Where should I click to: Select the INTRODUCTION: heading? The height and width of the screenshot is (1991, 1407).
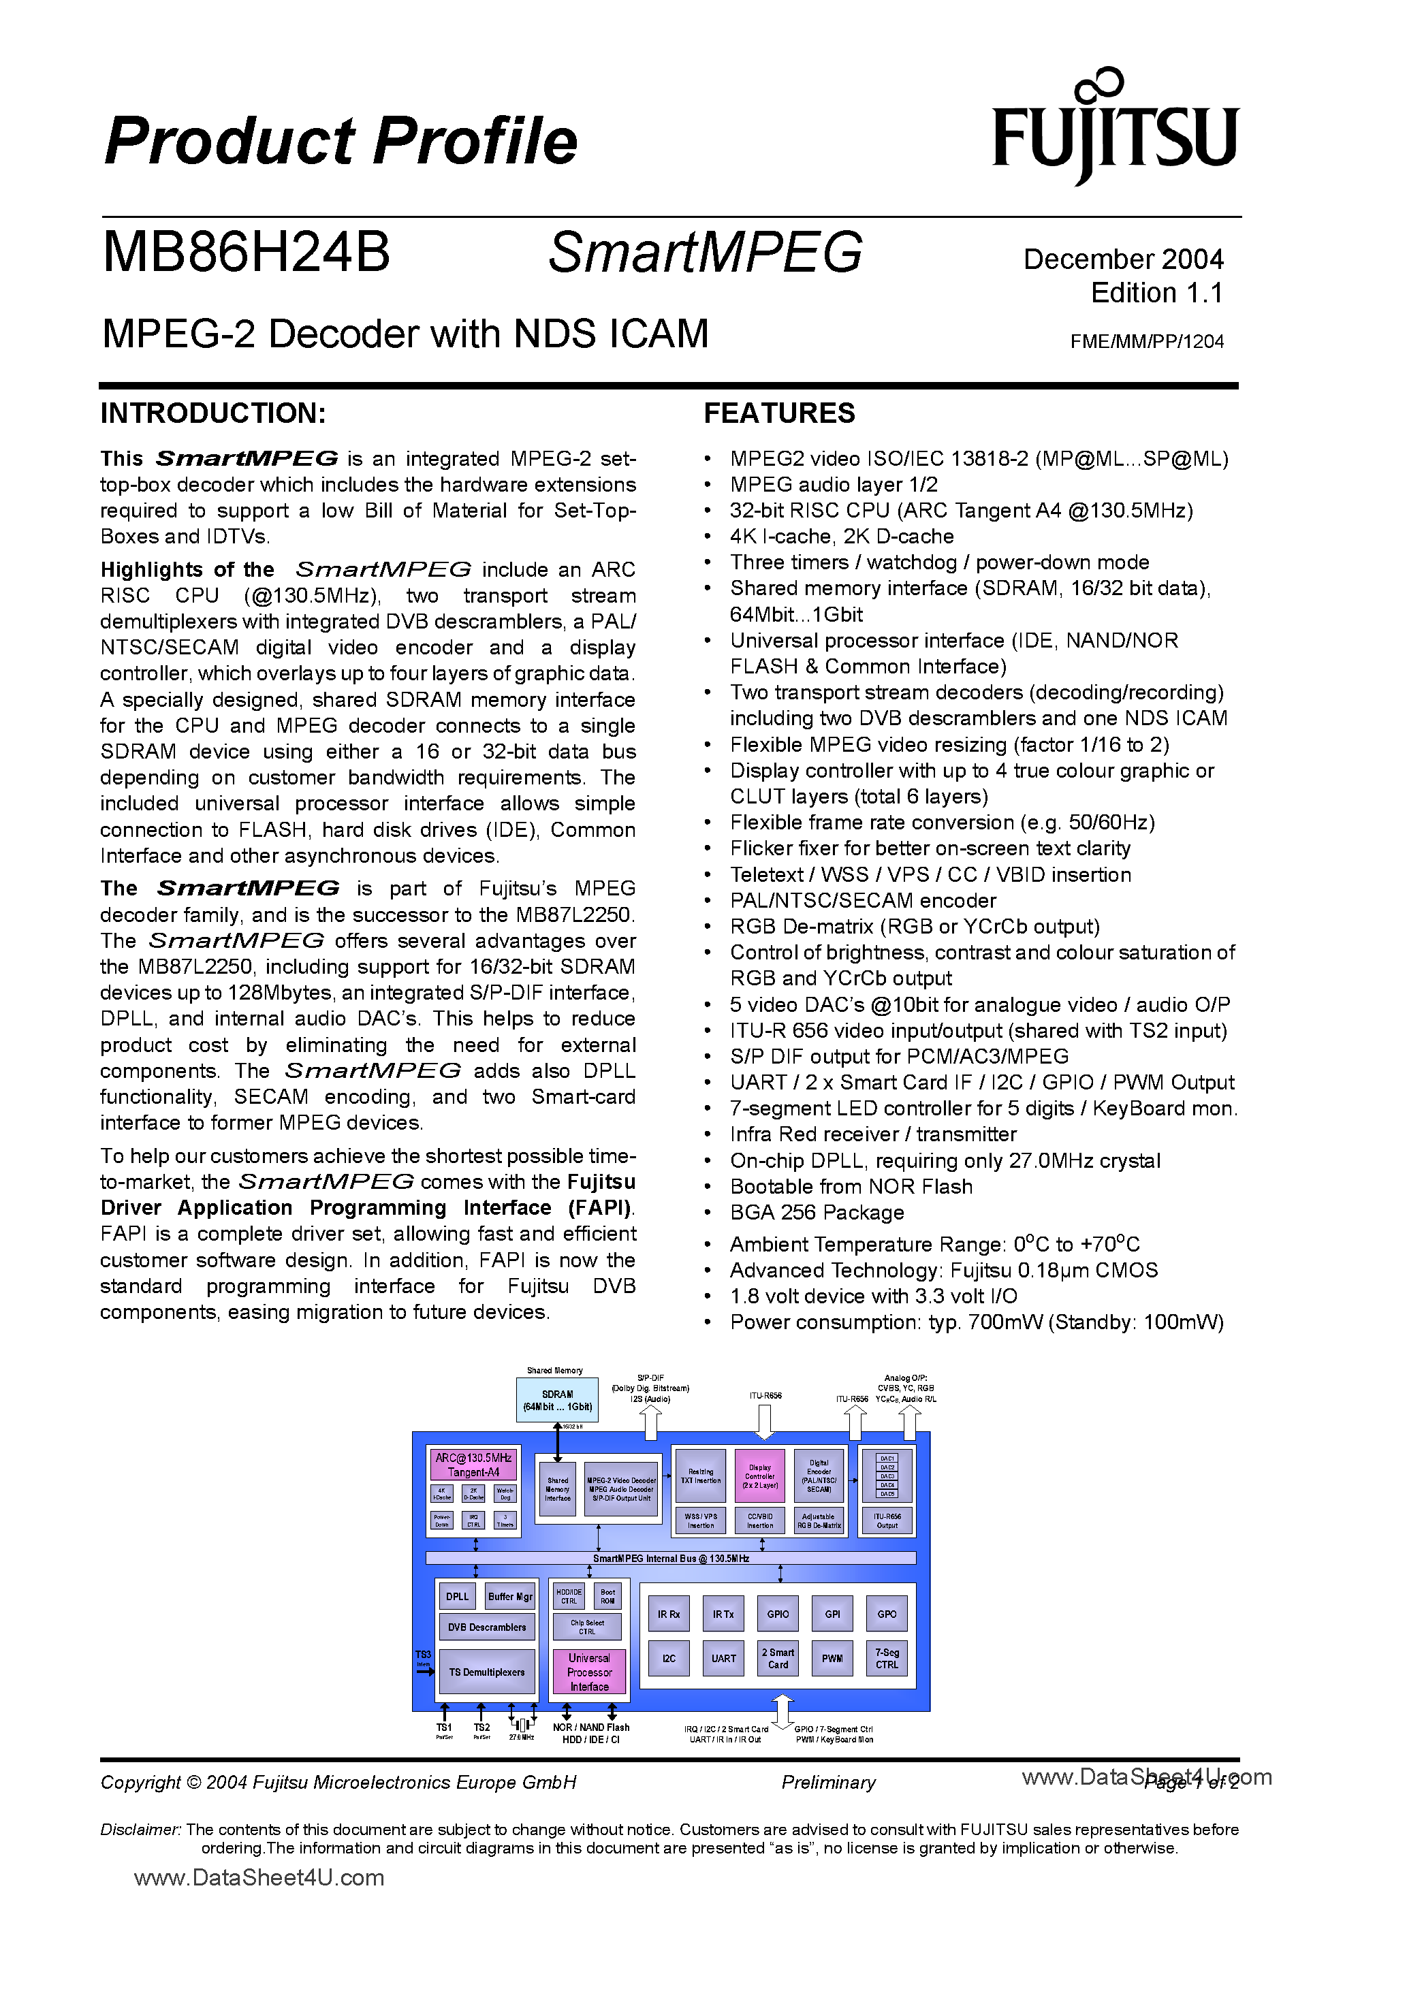point(213,413)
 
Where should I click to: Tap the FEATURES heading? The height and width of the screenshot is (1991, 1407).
point(779,413)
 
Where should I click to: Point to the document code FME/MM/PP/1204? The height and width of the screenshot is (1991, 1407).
point(1146,342)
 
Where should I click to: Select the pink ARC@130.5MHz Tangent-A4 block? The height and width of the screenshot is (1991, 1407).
point(473,1465)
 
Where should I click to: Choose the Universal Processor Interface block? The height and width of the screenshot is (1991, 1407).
point(589,1672)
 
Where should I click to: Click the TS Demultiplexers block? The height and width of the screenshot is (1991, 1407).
point(487,1672)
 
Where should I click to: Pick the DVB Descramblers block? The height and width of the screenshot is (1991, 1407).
point(487,1627)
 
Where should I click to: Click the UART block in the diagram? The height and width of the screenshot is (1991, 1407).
point(723,1658)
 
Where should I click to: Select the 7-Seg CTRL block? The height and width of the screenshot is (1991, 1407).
point(887,1658)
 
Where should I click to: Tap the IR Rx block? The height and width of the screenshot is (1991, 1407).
point(668,1614)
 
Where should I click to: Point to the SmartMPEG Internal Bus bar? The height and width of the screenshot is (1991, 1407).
point(671,1559)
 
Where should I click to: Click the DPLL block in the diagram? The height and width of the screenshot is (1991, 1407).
point(457,1597)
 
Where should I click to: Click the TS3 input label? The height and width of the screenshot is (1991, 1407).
point(424,1655)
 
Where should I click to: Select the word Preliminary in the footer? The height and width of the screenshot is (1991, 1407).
point(828,1782)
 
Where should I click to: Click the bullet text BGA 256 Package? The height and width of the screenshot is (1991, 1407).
point(817,1212)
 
